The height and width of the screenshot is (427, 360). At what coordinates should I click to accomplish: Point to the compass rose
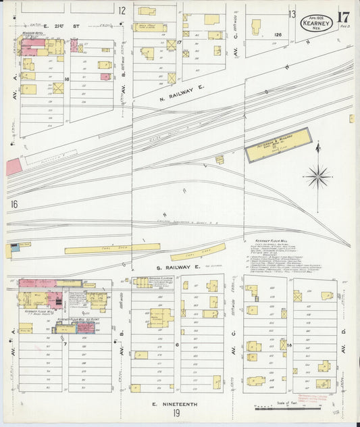(x=317, y=176)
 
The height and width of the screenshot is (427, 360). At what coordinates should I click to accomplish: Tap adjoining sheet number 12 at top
(x=122, y=10)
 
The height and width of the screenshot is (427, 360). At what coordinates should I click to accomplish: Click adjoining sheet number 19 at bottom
(x=176, y=413)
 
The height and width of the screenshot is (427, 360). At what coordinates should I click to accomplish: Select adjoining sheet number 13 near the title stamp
(x=292, y=14)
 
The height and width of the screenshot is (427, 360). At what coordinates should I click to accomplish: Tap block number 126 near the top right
(x=278, y=34)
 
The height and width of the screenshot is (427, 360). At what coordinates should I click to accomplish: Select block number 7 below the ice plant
(x=65, y=344)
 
